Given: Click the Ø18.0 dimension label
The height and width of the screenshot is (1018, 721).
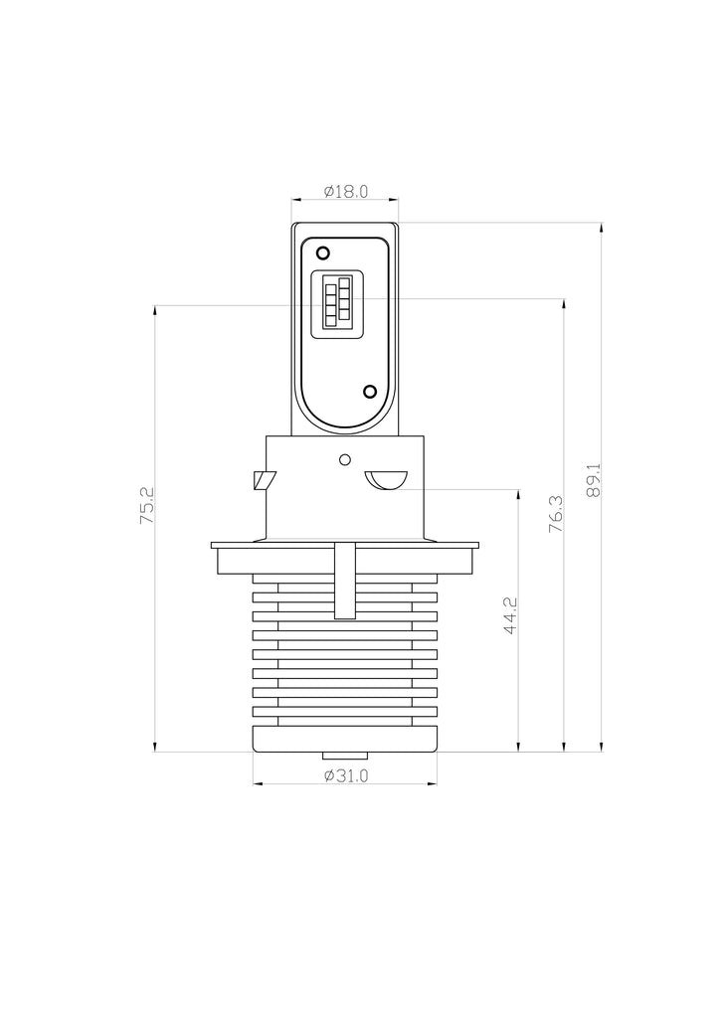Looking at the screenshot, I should point(345,192).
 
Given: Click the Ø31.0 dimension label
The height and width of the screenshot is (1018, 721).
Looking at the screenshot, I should point(345,776).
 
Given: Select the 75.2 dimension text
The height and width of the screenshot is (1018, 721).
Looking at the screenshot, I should point(147,506).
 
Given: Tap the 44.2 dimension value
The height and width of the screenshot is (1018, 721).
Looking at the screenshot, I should point(510,616).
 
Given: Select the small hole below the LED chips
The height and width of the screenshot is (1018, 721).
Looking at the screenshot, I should point(369,392).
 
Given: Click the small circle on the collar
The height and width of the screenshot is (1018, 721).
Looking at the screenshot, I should point(345,459).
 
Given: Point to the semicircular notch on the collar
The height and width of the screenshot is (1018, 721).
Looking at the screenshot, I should point(386,479).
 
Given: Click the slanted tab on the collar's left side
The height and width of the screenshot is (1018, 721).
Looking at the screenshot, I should point(263,480).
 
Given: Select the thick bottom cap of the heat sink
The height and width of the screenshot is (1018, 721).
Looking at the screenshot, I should point(345,738).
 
